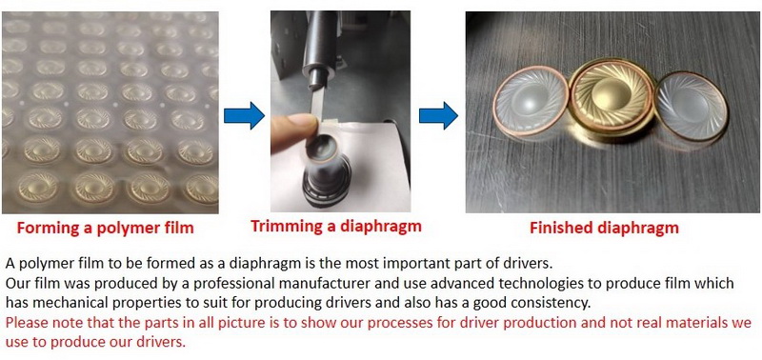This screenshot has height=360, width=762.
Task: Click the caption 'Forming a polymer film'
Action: [105, 228]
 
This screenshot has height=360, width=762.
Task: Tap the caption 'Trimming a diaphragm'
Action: [336, 226]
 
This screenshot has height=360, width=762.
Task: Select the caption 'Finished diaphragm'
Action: [604, 228]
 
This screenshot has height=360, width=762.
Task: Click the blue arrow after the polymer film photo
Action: [244, 115]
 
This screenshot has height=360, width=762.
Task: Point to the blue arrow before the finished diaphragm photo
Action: [438, 115]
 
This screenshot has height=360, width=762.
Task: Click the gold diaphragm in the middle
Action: [612, 101]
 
